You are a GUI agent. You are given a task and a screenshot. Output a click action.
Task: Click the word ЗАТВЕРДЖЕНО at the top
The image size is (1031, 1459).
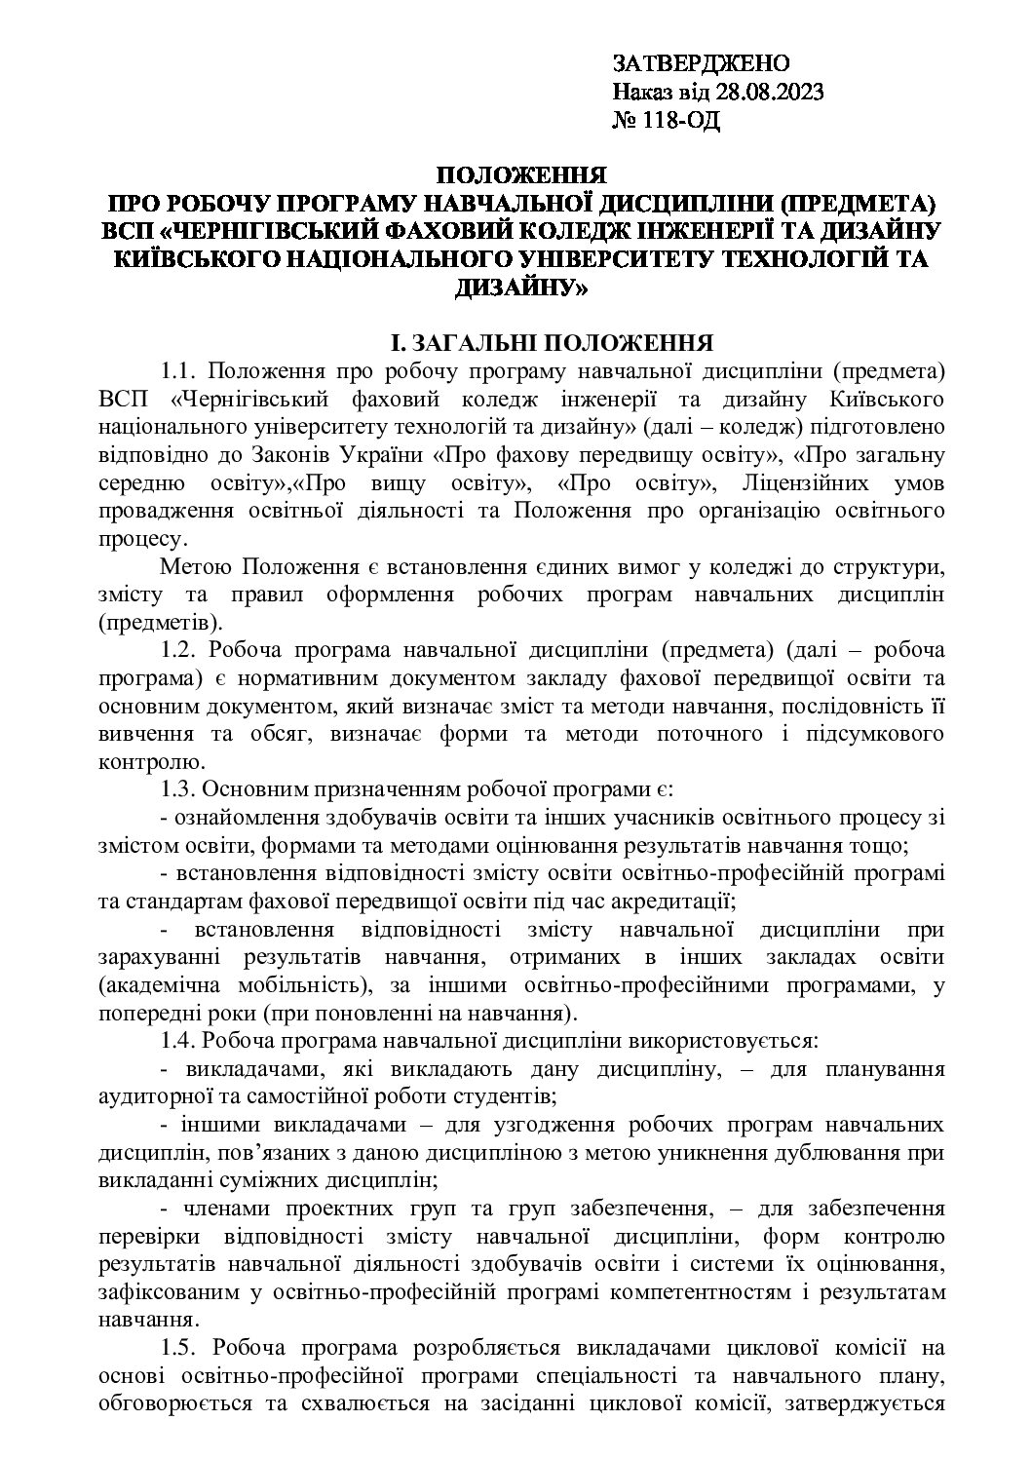(701, 64)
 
